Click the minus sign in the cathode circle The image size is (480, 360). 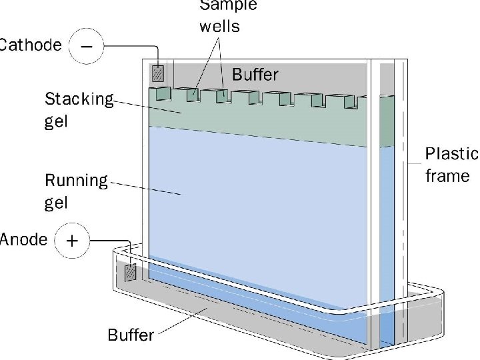87,45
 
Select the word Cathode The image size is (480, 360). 30,45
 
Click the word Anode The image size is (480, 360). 23,239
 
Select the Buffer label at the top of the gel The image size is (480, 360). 255,74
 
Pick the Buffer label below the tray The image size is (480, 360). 131,335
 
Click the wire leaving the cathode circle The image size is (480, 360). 130,46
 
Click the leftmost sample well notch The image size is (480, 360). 160,94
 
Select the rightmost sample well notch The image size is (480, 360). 361,101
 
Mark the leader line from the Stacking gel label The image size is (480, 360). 147,107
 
